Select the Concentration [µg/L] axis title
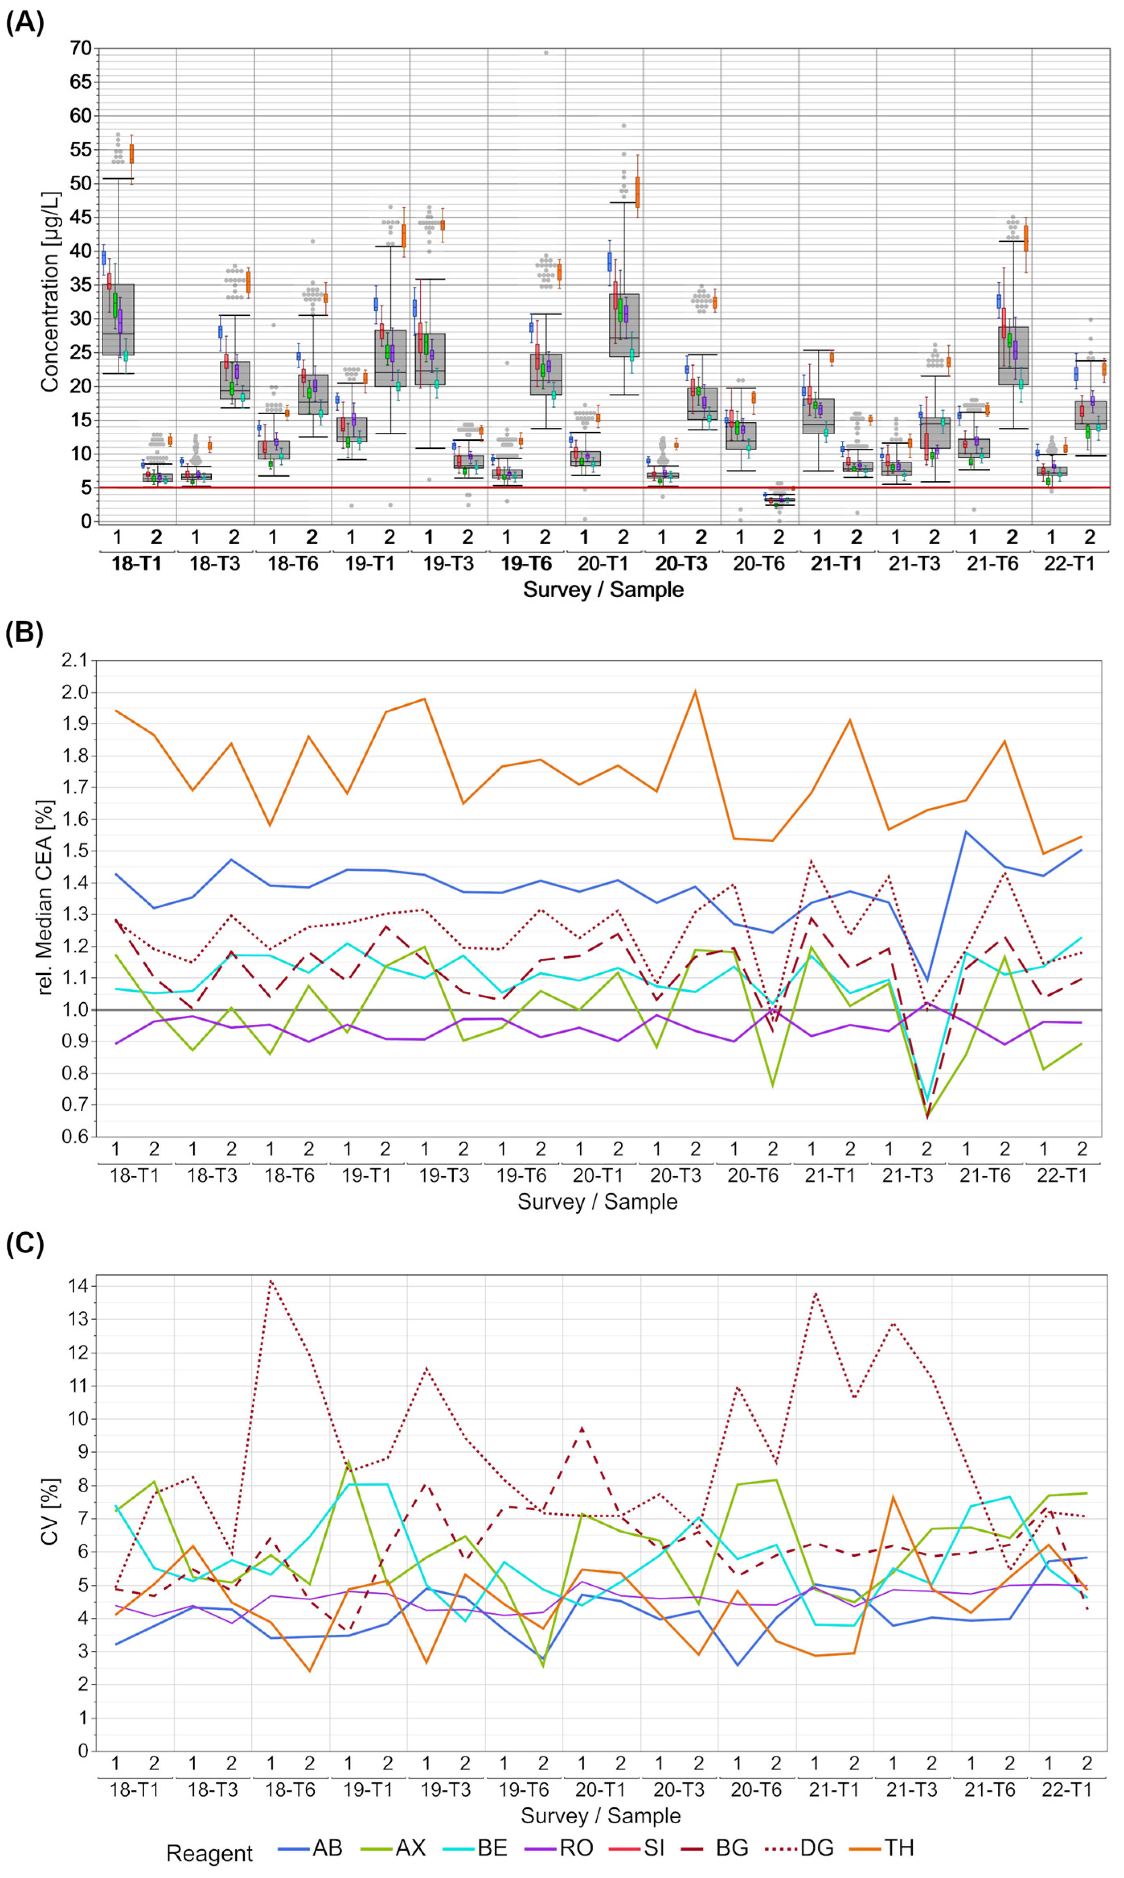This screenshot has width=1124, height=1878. [50, 292]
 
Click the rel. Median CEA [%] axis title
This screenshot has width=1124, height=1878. [45, 898]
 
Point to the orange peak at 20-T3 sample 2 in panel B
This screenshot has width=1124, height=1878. [695, 691]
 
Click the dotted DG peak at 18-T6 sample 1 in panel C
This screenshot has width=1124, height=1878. [271, 1281]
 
